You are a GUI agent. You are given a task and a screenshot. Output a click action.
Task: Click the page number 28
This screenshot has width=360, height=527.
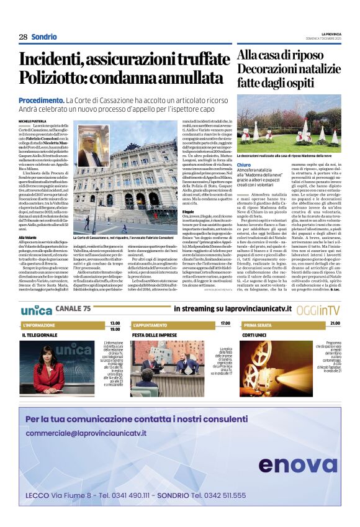23,37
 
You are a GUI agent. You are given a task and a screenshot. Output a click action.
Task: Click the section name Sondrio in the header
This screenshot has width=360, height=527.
45,37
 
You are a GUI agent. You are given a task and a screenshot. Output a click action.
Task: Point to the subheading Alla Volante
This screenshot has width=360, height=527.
27,237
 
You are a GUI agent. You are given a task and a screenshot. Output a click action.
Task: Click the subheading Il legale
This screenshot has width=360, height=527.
187,212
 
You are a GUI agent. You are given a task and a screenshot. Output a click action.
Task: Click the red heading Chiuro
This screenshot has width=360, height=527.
244,164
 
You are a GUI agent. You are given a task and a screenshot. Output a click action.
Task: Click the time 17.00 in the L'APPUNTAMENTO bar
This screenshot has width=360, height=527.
225,323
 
